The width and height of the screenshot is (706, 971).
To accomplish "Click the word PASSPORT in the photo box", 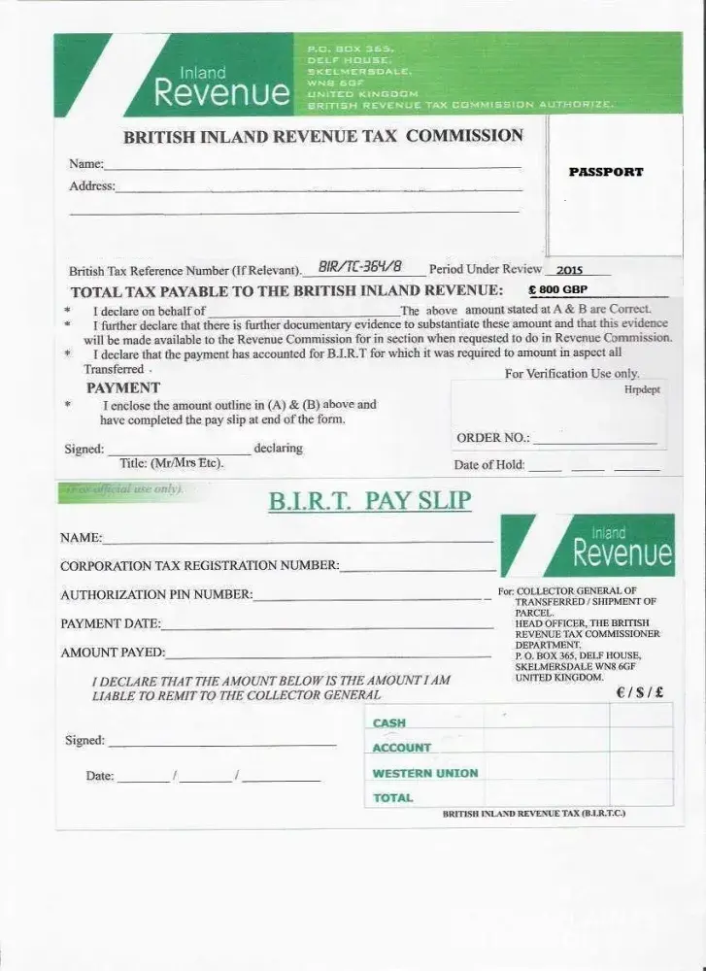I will pos(606,172).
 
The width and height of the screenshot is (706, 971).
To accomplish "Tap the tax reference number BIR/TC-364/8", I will pos(359,267).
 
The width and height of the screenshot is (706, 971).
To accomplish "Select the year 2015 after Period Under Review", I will pos(570,271).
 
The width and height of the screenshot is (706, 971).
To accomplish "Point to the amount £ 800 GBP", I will pos(557,289).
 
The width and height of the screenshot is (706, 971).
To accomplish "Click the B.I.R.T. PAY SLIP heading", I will pos(369,501).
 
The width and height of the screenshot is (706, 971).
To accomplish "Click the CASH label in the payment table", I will pos(389,723).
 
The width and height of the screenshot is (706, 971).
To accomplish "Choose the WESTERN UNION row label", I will pos(425,773).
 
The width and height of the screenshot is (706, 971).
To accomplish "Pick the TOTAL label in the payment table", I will pos(393,798).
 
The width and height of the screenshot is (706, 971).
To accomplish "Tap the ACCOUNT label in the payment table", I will pos(401,748).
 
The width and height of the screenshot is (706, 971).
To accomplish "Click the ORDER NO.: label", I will pos(492,438).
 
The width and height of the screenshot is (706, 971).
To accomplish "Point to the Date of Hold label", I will pos(489,465).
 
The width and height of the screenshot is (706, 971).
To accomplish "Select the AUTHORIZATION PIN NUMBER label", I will pos(156,594).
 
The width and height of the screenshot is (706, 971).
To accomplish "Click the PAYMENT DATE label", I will pos(111,623).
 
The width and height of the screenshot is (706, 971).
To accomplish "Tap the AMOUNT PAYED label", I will pos(113,653).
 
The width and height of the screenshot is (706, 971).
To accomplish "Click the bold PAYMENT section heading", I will pos(123,387).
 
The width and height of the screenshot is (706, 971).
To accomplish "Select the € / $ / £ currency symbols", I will pos(639,693).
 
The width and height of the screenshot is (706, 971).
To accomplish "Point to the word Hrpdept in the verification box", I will pos(641,388).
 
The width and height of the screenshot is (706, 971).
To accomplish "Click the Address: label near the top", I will pos(92,185).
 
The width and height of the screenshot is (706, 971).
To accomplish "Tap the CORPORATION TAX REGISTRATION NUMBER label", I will pos(200,565).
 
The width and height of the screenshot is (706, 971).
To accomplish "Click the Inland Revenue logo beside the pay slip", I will pos(592,547).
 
